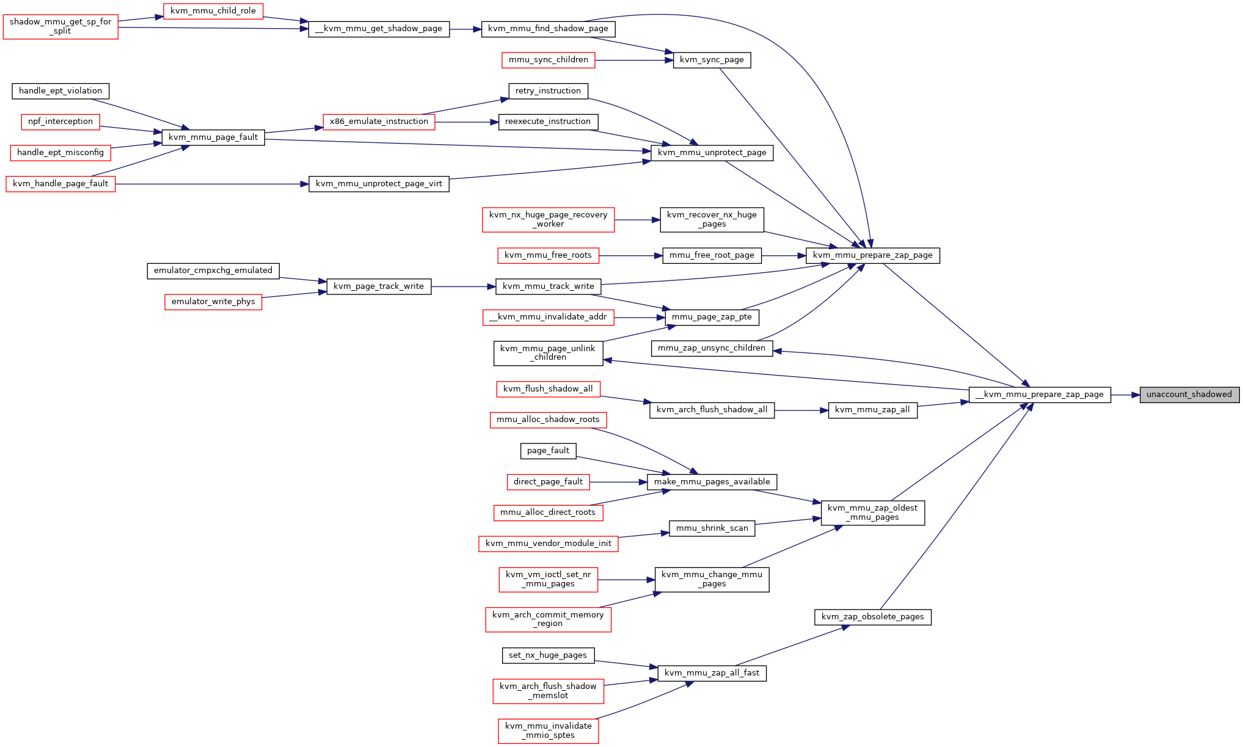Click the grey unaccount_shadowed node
pos(1189,395)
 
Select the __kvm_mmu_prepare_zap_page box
pos(1040,395)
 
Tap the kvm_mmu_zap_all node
pos(872,410)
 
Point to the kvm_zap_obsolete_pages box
pos(872,617)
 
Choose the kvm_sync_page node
pos(712,60)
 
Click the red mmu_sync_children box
pos(549,60)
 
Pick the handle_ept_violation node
pos(60,91)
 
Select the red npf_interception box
pos(60,122)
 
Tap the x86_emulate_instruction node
pos(379,122)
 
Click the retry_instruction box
pos(548,91)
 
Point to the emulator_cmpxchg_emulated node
pos(213,271)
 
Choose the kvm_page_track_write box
pos(379,286)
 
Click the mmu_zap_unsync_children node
pos(712,348)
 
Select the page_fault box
pos(548,451)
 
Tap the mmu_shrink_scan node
pos(712,528)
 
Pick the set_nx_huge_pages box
pos(548,655)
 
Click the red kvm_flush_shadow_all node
pos(548,389)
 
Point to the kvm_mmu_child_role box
pos(213,11)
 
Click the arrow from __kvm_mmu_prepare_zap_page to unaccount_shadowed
pos(1125,395)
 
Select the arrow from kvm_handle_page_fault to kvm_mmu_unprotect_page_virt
pos(212,184)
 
